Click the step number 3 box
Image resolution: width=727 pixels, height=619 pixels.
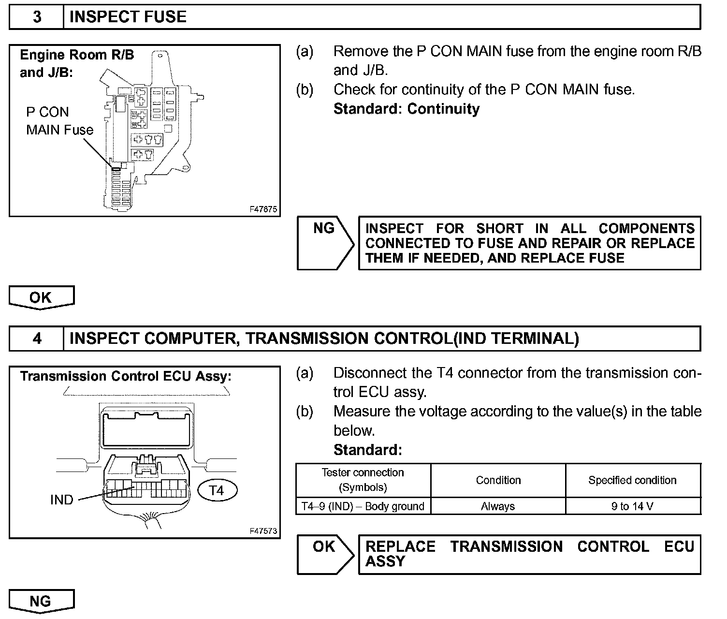37,17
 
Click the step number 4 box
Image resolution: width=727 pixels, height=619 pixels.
37,339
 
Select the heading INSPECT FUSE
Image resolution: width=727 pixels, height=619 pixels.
128,17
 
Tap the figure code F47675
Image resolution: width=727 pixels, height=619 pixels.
263,209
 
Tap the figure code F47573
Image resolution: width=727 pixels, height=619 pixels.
263,531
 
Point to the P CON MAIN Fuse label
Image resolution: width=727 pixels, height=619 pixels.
59,121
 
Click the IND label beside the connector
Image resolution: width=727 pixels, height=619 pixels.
62,500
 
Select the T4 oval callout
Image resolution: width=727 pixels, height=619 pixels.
218,490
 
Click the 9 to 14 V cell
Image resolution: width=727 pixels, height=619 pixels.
632,506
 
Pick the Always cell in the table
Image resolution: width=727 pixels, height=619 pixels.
498,506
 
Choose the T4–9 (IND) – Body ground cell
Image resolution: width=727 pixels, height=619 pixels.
363,506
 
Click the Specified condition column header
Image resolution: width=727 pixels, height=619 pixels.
632,480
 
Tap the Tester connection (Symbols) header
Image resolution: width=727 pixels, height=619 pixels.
363,480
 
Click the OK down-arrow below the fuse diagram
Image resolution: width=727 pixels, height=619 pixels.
42,297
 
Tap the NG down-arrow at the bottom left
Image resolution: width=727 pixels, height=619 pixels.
42,601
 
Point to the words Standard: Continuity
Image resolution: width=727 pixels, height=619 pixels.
407,109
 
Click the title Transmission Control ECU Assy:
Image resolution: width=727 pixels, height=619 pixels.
126,376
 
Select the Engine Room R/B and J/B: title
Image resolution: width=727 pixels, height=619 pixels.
76,63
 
